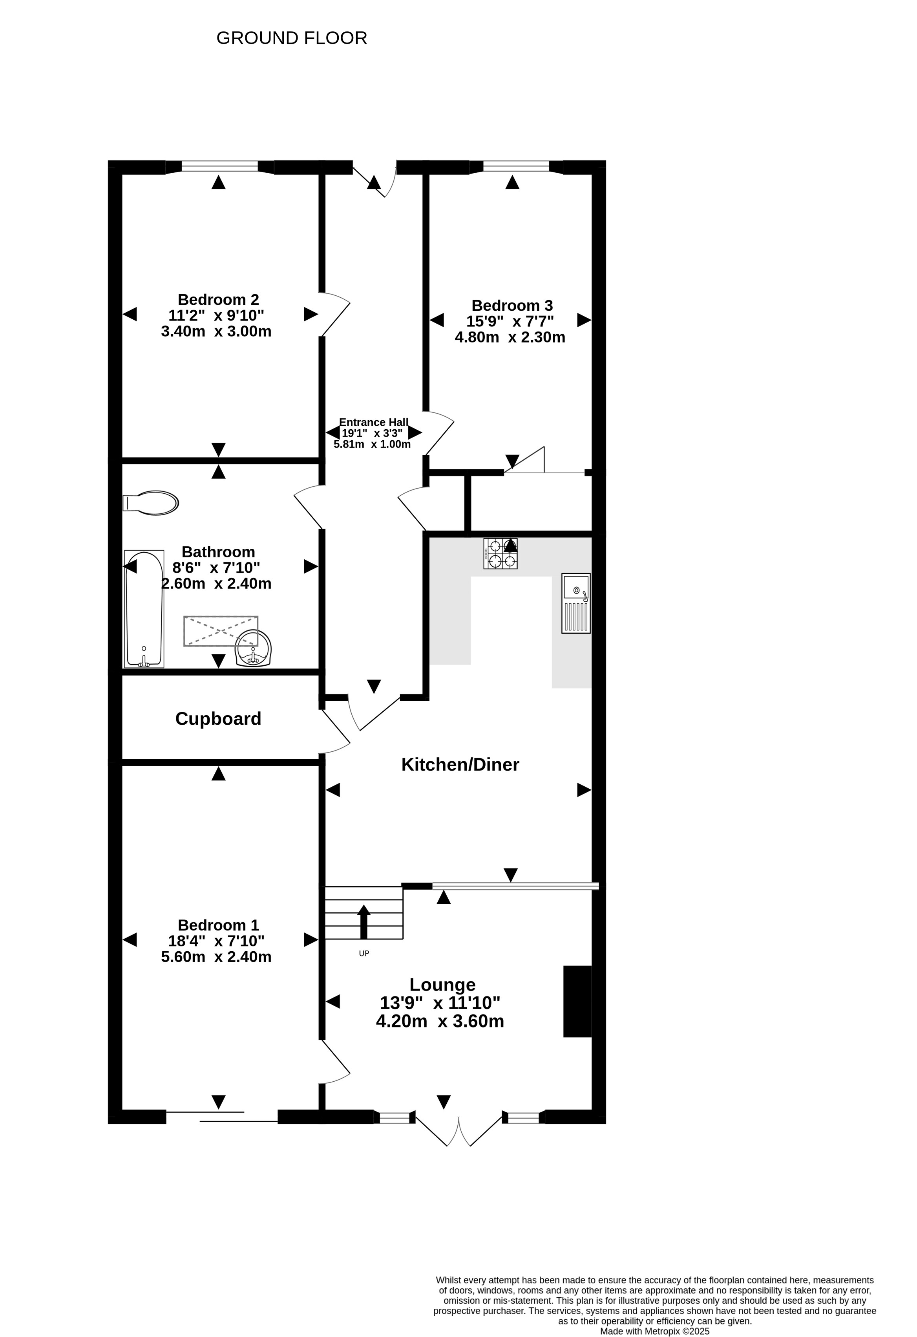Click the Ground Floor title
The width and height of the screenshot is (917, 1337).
click(x=292, y=38)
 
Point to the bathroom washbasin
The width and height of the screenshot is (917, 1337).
click(x=253, y=648)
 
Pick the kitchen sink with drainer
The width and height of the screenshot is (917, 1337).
click(x=576, y=603)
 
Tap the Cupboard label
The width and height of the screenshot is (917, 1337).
click(x=219, y=718)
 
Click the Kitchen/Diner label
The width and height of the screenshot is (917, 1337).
click(x=460, y=765)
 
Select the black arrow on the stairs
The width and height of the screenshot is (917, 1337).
click(x=364, y=921)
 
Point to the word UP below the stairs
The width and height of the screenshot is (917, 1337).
click(x=364, y=953)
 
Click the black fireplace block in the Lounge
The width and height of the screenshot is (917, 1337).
click(x=577, y=1002)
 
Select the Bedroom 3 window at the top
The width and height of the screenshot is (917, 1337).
click(x=516, y=167)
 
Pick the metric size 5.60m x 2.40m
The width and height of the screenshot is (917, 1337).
click(x=216, y=957)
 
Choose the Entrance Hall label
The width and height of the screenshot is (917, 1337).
click(x=374, y=422)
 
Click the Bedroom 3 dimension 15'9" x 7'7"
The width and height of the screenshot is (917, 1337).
click(x=510, y=321)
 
